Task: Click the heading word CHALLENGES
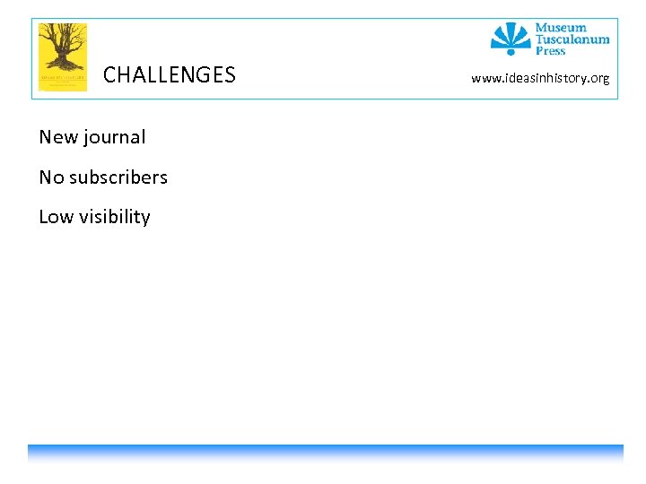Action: (170, 75)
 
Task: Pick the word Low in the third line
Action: (56, 217)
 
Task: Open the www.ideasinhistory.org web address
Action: (540, 79)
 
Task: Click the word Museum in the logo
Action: (561, 28)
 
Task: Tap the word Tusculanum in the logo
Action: (572, 39)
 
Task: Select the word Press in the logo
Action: (551, 51)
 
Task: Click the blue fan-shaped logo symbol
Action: (511, 37)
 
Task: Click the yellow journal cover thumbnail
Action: (62, 56)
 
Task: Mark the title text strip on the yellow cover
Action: (62, 79)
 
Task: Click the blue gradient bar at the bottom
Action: (325, 453)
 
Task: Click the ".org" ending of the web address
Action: (598, 79)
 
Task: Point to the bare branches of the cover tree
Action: (61, 36)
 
